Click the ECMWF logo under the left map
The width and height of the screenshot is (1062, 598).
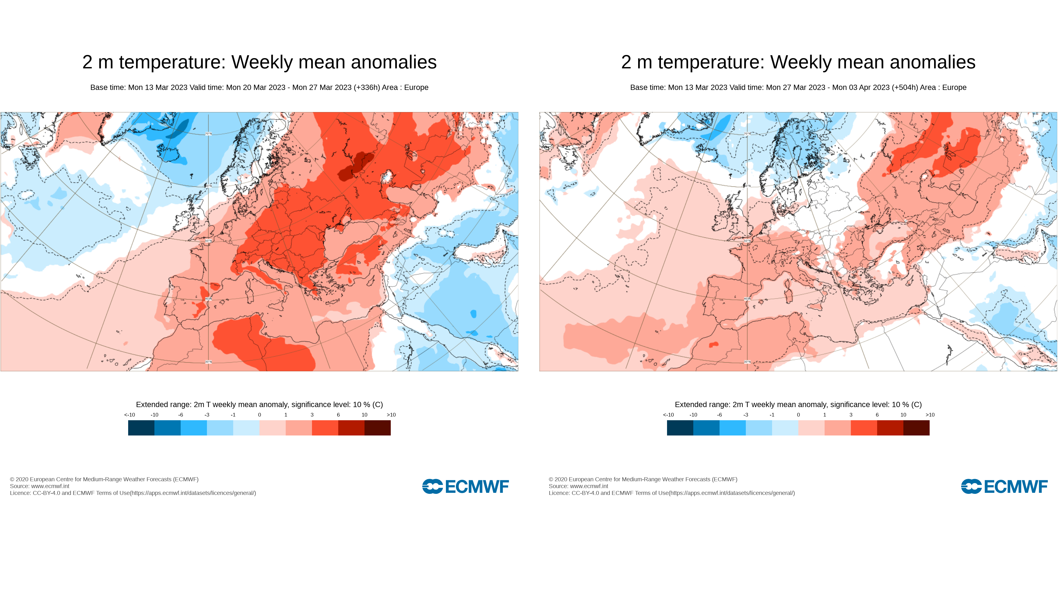point(465,486)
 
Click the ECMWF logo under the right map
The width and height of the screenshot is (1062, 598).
point(1004,486)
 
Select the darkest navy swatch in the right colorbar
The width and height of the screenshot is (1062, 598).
point(680,428)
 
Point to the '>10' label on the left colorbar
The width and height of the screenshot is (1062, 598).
point(391,415)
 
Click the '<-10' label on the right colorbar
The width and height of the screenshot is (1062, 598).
point(668,415)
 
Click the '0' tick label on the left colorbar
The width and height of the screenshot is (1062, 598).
point(259,415)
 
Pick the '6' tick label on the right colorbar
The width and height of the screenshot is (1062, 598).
point(877,415)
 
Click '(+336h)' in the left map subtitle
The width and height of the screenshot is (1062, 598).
point(367,88)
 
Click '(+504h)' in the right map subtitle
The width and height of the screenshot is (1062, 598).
point(904,88)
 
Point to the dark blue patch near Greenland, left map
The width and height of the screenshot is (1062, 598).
point(179,129)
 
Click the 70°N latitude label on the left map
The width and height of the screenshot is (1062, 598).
point(209,133)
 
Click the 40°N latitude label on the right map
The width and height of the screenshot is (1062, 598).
point(747,298)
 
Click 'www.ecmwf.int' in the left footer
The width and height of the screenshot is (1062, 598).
point(50,486)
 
